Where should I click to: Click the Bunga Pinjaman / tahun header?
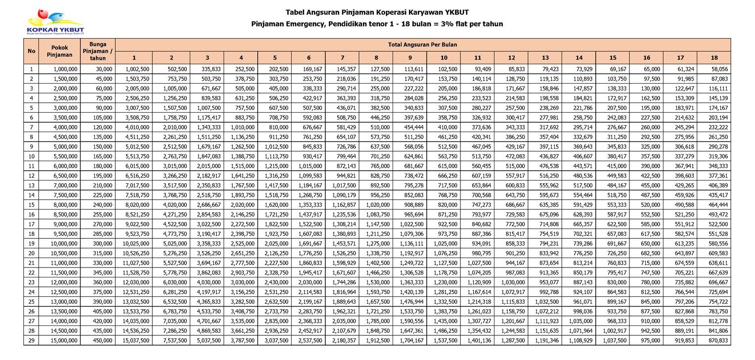(97, 51)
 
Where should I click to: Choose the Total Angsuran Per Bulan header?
(422, 45)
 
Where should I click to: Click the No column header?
(31, 51)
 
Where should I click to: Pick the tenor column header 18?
(713, 58)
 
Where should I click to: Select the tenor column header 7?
(342, 58)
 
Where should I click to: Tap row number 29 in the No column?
(31, 341)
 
